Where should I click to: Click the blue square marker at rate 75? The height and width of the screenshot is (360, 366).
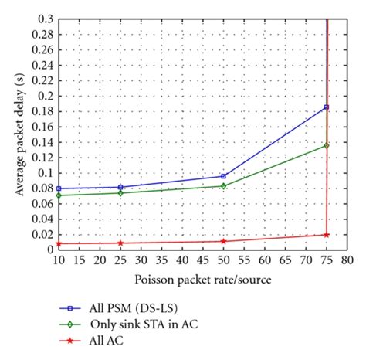click(x=327, y=107)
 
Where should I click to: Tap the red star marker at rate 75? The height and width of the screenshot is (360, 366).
click(x=327, y=234)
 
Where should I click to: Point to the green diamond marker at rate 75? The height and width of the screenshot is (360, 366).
click(x=327, y=145)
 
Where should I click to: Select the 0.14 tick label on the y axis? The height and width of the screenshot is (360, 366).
click(x=42, y=142)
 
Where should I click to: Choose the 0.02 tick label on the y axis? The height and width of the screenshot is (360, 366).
click(x=42, y=234)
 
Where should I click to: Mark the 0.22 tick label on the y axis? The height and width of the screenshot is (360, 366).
click(x=42, y=80)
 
